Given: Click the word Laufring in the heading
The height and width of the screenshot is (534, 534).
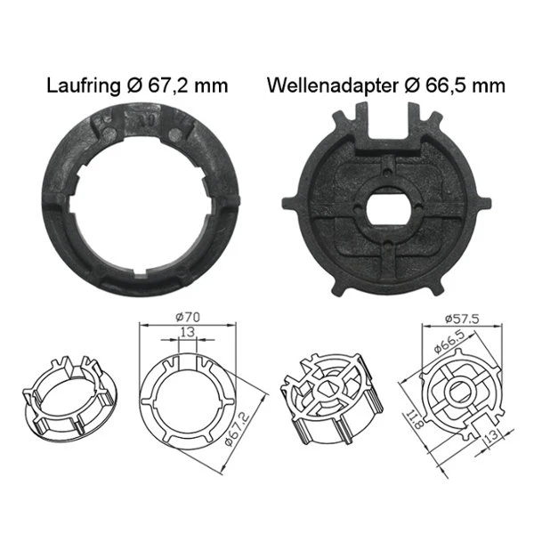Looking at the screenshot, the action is [83, 85].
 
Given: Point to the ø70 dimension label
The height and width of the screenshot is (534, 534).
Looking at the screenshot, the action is [188, 318].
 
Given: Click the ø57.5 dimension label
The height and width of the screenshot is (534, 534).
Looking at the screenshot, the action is [462, 319].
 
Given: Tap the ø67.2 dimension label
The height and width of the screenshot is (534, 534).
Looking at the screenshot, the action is [238, 429].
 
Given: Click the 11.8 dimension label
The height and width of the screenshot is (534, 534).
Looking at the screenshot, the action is [415, 419].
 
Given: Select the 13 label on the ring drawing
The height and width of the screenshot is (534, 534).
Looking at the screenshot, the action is [187, 332].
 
